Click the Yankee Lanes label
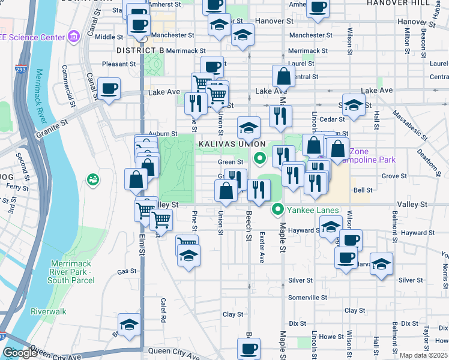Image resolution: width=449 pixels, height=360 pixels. pyautogui.click(x=313, y=211)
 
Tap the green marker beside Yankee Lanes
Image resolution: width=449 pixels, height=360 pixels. pyautogui.click(x=277, y=209)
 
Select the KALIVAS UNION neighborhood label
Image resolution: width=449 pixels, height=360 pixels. pyautogui.click(x=228, y=145)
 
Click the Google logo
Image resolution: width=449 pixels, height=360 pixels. pyautogui.click(x=20, y=353)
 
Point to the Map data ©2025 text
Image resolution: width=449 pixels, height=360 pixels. pyautogui.click(x=423, y=355)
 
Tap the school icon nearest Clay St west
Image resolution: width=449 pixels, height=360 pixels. pyautogui.click(x=129, y=324)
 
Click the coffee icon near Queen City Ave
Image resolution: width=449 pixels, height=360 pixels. pyautogui.click(x=249, y=348)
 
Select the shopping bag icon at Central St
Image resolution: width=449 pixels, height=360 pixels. pyautogui.click(x=283, y=76)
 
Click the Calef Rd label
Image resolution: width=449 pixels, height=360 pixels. pyautogui.click(x=163, y=310)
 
